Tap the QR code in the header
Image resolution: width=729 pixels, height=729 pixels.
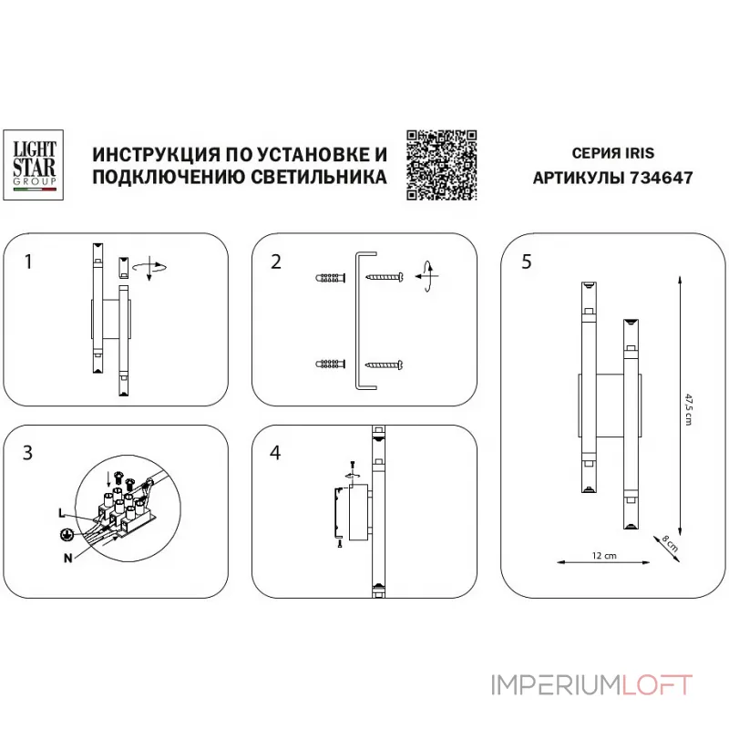tap(441, 164)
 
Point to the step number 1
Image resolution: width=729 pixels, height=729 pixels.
tap(29, 262)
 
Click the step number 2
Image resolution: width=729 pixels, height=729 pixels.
tap(275, 262)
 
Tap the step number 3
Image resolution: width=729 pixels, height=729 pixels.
tap(29, 452)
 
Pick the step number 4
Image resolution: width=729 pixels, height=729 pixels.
tap(276, 452)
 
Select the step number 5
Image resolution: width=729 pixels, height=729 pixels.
tap(527, 262)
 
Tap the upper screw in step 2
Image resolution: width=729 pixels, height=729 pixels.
tap(385, 275)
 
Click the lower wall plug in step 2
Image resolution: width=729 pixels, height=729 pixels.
tap(331, 364)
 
